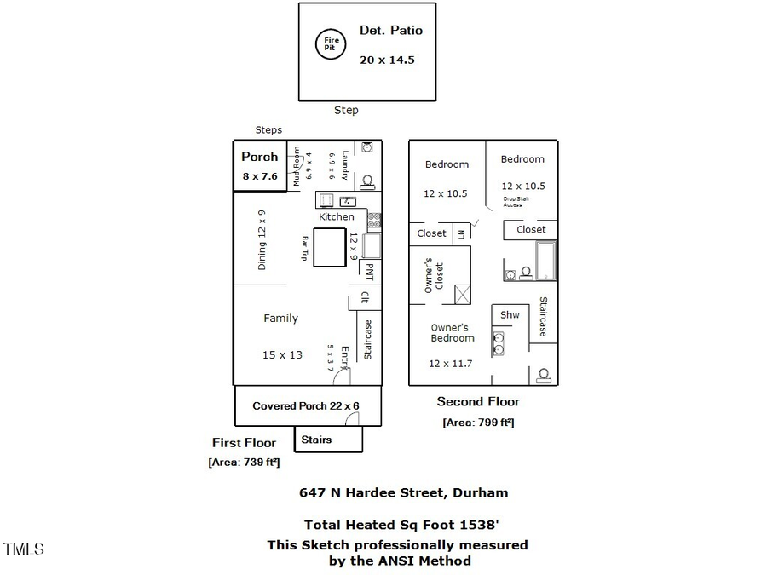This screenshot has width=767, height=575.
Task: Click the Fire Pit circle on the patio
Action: coord(331,43)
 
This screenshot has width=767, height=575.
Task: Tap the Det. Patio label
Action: coord(390,31)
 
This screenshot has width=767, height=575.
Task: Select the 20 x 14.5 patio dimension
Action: coord(386,60)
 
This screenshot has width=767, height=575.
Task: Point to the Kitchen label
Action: coord(337,217)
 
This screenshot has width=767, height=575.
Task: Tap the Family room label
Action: coord(280,319)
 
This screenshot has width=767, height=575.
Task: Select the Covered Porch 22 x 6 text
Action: coord(307,406)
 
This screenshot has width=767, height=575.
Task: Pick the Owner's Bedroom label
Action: coord(451,333)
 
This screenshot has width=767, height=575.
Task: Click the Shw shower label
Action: coord(510,315)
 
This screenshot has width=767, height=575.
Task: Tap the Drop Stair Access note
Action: coord(516,202)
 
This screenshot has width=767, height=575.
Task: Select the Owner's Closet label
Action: coord(434,275)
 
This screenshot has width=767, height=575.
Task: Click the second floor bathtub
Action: coord(545,261)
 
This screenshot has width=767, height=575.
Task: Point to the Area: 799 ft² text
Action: coord(478,423)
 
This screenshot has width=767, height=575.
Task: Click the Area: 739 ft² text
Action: coord(244,463)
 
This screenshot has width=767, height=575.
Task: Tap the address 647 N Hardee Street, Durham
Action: coord(403,492)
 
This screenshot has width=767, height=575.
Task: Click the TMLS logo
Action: coord(23,549)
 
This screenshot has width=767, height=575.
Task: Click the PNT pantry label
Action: coord(369,271)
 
